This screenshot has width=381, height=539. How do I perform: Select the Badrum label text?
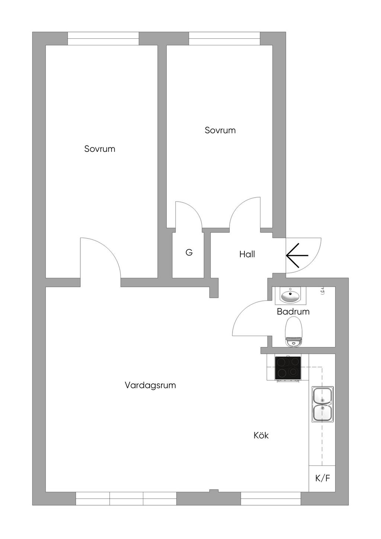pos(293,312)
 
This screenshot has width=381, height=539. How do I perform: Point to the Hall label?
pos(247,254)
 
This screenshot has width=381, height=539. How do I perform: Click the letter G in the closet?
pos(189,253)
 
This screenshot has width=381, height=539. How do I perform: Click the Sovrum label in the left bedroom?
pos(100,149)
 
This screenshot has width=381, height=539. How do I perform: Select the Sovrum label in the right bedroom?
pos(220,130)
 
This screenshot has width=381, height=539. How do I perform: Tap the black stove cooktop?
pos(288,368)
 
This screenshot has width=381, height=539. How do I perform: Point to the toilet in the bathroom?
pos(293,332)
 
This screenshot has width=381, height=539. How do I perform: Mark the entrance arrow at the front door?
pos(297,255)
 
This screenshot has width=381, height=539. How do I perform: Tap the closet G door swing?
pos(195,210)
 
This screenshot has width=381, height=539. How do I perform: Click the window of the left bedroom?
pos(103,39)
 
